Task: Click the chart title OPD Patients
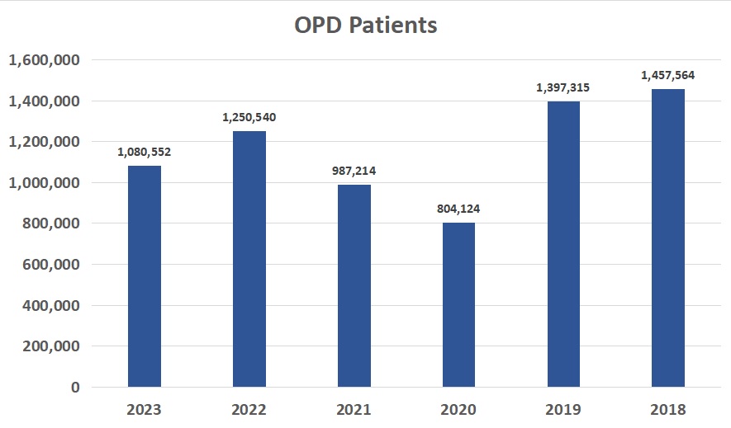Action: [x=365, y=26]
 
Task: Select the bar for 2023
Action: [x=145, y=276]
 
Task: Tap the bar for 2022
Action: [x=249, y=259]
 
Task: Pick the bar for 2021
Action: [x=354, y=285]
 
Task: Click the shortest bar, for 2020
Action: [x=458, y=304]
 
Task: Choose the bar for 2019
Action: [x=563, y=244]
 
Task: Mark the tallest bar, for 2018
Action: [x=667, y=238]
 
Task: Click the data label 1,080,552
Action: [x=145, y=152]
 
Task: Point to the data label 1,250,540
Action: [x=249, y=117]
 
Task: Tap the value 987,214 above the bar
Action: [x=354, y=171]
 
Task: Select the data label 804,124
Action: [x=458, y=209]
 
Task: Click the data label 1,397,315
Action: [x=563, y=87]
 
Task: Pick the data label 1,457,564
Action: [x=667, y=75]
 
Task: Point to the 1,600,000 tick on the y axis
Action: [x=43, y=60]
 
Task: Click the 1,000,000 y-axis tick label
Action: [x=43, y=182]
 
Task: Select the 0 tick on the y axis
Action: [x=74, y=387]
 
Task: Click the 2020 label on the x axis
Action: [x=458, y=410]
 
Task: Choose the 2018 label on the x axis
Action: [x=667, y=410]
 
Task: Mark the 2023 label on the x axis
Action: [x=145, y=410]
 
